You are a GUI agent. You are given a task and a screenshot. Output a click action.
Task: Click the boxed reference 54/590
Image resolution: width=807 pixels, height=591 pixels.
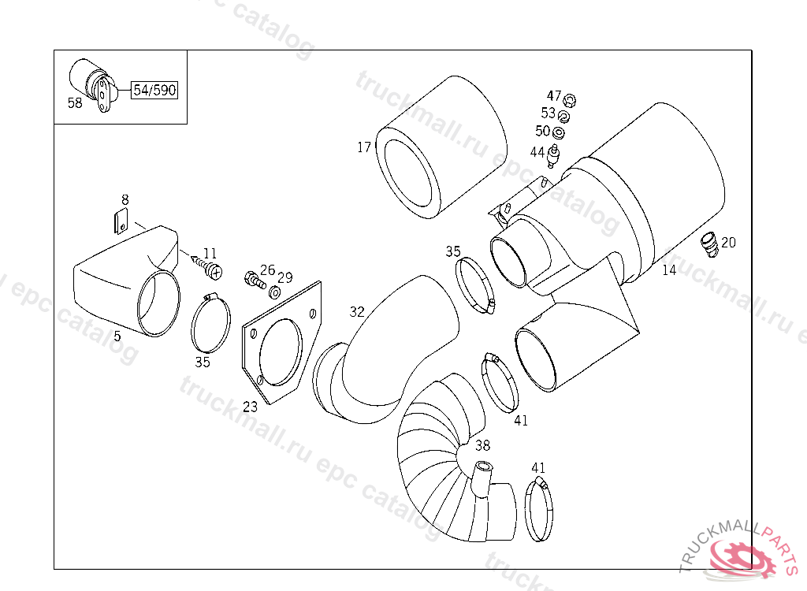coord(154,90)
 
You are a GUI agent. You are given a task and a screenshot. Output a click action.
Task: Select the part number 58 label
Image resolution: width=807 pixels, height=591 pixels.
coord(75,103)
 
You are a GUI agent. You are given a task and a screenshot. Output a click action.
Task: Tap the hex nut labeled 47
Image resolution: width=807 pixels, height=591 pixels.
coord(570,100)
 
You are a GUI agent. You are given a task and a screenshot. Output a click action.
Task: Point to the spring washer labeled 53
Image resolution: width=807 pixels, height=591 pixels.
coord(564,117)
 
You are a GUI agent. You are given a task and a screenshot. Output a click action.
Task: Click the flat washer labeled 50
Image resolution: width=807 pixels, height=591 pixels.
coord(558,133)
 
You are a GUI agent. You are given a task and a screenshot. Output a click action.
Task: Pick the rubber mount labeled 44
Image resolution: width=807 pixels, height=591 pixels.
coord(554,156)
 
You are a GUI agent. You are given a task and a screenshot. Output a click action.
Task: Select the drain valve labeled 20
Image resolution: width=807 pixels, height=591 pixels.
coord(710,244)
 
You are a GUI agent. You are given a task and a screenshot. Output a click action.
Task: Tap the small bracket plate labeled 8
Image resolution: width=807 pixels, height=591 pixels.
coord(121,221)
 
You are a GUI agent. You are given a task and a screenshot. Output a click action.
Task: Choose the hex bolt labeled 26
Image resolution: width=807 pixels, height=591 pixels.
coord(255,280)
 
